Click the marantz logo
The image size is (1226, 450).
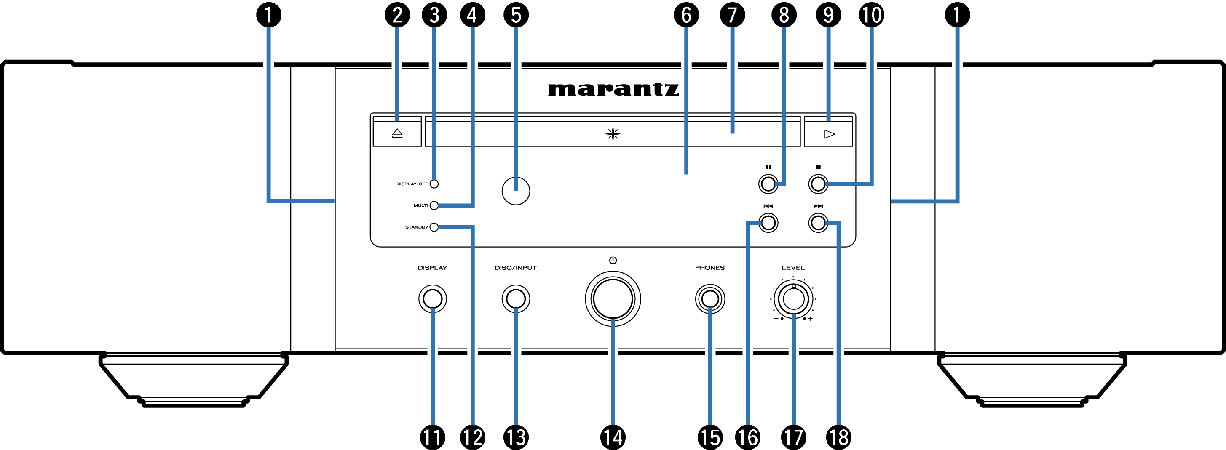613,89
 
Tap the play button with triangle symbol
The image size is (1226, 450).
829,134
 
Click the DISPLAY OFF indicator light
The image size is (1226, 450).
434,184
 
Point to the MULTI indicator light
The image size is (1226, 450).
434,205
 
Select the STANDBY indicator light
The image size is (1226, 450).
434,227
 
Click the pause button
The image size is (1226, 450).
768,184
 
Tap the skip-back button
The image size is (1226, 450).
768,223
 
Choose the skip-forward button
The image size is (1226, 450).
818,223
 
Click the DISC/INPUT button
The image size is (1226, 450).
516,299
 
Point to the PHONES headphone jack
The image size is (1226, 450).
709,299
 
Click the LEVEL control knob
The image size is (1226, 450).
793,299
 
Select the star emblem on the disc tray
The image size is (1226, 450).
613,134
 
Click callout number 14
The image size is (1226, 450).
613,437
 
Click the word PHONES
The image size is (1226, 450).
709,268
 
